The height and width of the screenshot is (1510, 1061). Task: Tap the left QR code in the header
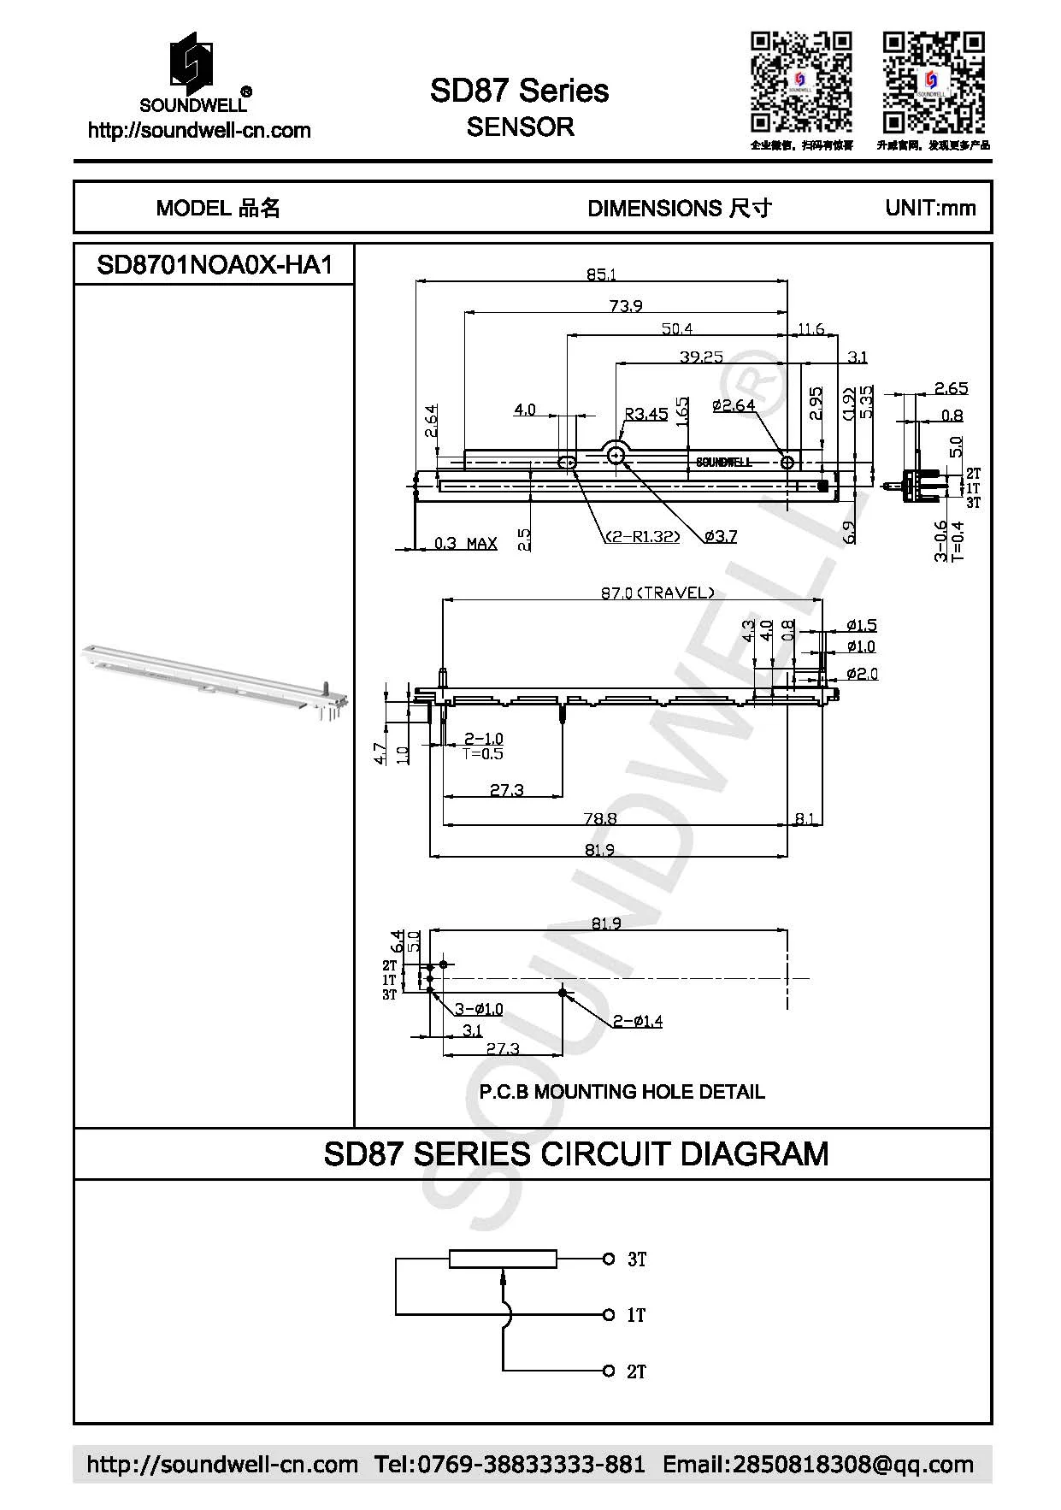[x=801, y=82]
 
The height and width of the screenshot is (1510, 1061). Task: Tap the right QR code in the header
[x=934, y=82]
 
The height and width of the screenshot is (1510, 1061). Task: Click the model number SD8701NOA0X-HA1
[x=214, y=265]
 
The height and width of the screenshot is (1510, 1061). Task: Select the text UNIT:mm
[x=930, y=208]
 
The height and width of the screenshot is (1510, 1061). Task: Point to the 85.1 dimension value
[x=601, y=274]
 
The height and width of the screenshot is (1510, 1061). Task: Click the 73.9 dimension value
[x=626, y=305]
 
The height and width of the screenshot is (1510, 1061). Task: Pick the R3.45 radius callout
[x=645, y=414]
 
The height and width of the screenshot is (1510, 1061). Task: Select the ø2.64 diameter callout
[x=734, y=404]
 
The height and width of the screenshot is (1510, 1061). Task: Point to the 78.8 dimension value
[x=600, y=818]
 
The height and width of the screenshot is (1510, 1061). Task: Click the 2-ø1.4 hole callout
[x=637, y=1020]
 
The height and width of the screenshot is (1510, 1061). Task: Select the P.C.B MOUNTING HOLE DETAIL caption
[x=622, y=1092]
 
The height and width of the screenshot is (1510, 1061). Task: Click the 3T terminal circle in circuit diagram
[x=609, y=1259]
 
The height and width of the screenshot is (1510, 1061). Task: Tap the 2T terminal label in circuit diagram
[x=636, y=1371]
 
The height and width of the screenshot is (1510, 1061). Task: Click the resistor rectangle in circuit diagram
[x=503, y=1259]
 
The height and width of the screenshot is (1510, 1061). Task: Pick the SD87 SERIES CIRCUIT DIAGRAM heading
[x=575, y=1153]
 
